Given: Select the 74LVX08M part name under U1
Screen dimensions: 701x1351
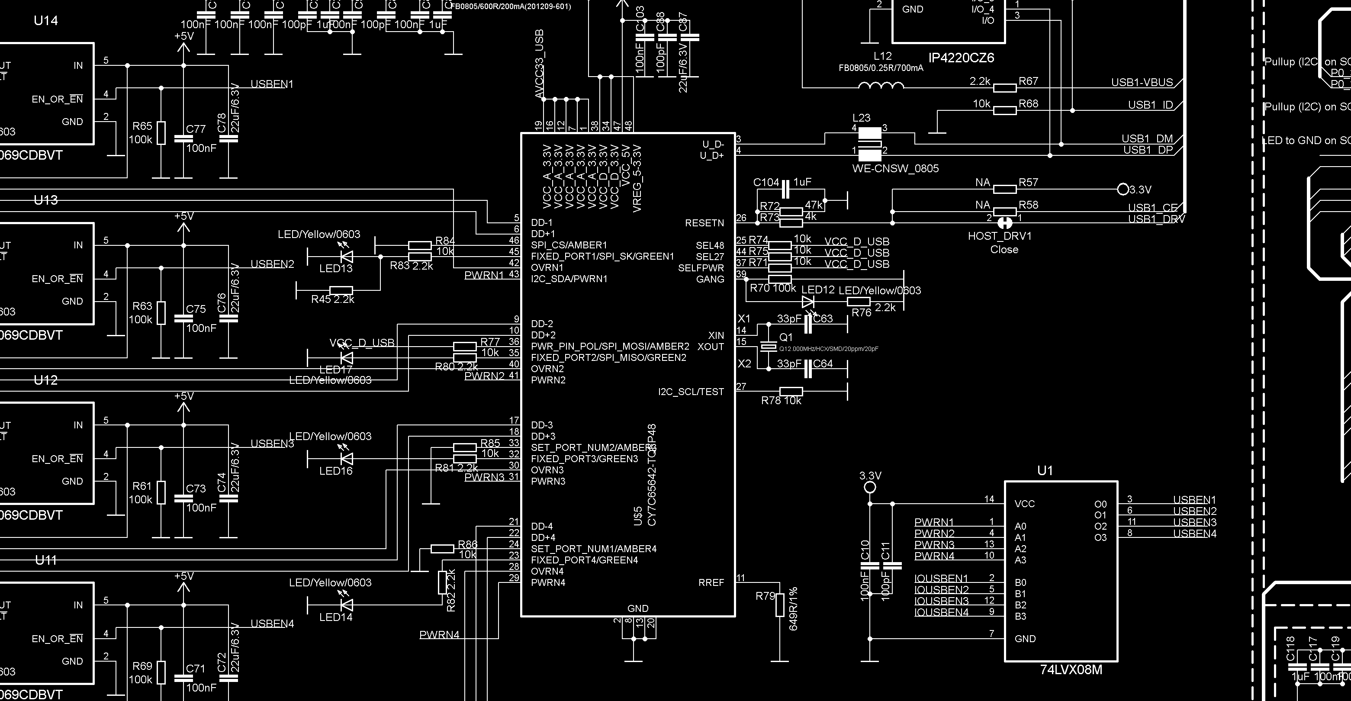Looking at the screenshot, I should pyautogui.click(x=1071, y=670).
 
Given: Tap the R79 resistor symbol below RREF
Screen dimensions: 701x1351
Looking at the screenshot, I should pyautogui.click(x=780, y=605).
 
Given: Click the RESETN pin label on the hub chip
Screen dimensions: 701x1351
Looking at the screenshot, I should pyautogui.click(x=704, y=223).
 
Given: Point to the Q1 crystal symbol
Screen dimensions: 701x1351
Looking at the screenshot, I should pyautogui.click(x=769, y=347).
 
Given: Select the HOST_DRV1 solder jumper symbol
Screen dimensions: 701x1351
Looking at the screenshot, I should pyautogui.click(x=1004, y=223).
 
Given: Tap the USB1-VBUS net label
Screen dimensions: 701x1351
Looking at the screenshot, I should pyautogui.click(x=1142, y=83).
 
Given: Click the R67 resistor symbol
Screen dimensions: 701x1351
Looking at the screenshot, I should pyautogui.click(x=1005, y=87).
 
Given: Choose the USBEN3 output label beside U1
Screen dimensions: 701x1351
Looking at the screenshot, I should pyautogui.click(x=1194, y=522).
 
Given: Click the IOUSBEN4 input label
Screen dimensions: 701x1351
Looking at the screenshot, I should pyautogui.click(x=941, y=612).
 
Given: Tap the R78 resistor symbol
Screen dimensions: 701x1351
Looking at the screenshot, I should pyautogui.click(x=791, y=391).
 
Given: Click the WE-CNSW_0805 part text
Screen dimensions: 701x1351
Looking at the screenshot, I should pyautogui.click(x=895, y=169).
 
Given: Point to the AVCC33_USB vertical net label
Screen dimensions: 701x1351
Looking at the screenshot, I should pyautogui.click(x=539, y=64).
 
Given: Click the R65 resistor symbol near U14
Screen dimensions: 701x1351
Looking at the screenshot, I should pyautogui.click(x=161, y=133).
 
